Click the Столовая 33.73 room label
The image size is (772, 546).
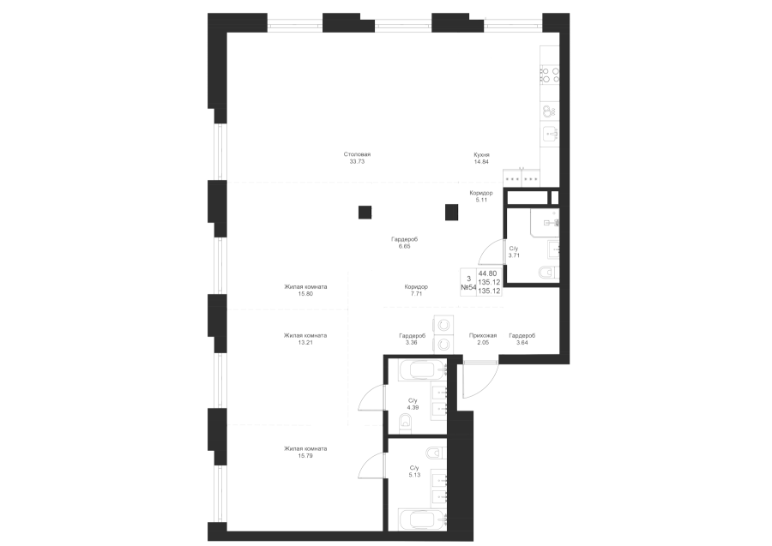[357, 158]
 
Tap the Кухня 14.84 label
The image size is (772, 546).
[481, 158]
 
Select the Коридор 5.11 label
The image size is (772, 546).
[481, 196]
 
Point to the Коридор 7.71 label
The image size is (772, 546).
[416, 291]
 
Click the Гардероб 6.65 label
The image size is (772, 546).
[404, 243]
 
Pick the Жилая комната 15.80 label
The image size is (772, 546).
[305, 291]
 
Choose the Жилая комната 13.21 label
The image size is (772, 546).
[305, 339]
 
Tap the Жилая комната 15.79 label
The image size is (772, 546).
[305, 452]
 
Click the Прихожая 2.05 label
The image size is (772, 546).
[482, 339]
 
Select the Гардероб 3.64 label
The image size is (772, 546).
[522, 339]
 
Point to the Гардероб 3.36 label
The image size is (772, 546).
[412, 339]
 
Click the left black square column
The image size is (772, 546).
[365, 212]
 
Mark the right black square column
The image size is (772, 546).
[451, 212]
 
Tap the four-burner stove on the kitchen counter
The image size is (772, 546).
[550, 75]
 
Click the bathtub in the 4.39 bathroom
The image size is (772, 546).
[419, 370]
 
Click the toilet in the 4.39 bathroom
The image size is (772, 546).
[407, 422]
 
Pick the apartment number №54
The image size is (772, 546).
[468, 288]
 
